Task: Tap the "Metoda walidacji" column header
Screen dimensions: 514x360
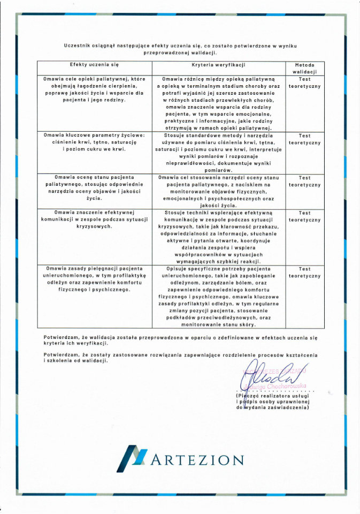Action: [x=304, y=68]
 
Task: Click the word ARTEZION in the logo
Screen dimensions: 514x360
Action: [x=197, y=459]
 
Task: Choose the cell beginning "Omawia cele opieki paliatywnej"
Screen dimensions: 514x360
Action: [x=94, y=89]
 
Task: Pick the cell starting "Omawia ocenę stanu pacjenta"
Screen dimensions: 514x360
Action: [x=94, y=187]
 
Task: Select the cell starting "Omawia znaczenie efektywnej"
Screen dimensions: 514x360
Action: [x=94, y=220]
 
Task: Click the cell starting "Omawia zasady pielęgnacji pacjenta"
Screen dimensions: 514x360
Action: [x=94, y=279]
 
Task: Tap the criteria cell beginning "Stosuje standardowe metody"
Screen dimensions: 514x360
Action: [x=218, y=153]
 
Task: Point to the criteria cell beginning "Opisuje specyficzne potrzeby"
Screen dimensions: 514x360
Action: [x=218, y=296]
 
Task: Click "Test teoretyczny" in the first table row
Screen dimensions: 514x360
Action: [x=304, y=82]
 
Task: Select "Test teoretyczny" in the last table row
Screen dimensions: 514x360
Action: [x=304, y=273]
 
